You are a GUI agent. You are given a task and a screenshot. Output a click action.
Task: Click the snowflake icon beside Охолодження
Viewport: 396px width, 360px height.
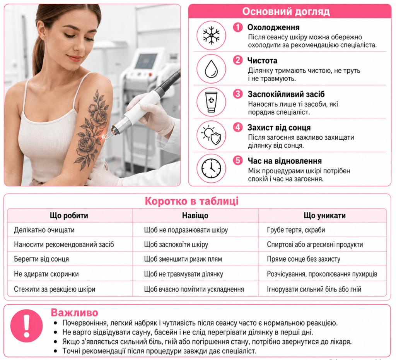pyautogui.click(x=211, y=35)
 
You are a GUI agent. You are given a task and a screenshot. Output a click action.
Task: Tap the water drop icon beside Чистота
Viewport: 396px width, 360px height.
pyautogui.click(x=211, y=69)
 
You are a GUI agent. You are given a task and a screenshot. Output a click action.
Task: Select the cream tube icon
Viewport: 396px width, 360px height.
pyautogui.click(x=211, y=102)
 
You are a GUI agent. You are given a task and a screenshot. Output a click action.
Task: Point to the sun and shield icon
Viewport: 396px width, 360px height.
pyautogui.click(x=211, y=135)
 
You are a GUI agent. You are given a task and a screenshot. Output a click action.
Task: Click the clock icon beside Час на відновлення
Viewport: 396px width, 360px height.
pyautogui.click(x=211, y=169)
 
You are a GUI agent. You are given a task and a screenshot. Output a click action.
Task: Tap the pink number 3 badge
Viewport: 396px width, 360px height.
pyautogui.click(x=238, y=94)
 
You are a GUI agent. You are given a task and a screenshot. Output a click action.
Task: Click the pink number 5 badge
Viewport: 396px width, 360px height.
pyautogui.click(x=238, y=160)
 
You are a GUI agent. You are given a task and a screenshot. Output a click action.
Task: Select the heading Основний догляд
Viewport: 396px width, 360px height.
pyautogui.click(x=286, y=12)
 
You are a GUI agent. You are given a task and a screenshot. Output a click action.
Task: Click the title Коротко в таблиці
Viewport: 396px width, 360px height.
pyautogui.click(x=192, y=201)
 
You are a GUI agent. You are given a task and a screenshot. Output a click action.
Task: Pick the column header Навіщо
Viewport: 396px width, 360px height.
pyautogui.click(x=195, y=215)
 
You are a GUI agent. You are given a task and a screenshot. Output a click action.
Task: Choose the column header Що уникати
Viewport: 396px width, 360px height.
pyautogui.click(x=324, y=215)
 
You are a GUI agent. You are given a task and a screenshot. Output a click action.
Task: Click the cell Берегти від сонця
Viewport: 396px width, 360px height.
pyautogui.click(x=41, y=259)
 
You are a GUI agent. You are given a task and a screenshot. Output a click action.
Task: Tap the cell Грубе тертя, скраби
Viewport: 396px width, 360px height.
pyautogui.click(x=296, y=230)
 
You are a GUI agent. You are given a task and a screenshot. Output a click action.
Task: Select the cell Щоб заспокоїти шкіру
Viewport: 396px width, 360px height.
pyautogui.click(x=176, y=245)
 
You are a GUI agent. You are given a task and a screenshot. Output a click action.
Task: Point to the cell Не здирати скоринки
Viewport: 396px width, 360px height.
pyautogui.click(x=46, y=274)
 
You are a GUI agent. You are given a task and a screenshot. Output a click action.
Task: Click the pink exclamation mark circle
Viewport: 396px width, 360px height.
pyautogui.click(x=27, y=326)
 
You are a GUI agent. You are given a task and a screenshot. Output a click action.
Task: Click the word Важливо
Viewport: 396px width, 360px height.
pyautogui.click(x=75, y=312)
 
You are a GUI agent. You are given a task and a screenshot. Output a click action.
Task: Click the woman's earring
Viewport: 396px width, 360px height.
pyautogui.click(x=44, y=38)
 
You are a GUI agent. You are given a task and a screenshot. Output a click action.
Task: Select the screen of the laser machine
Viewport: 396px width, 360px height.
pyautogui.click(x=146, y=61)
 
